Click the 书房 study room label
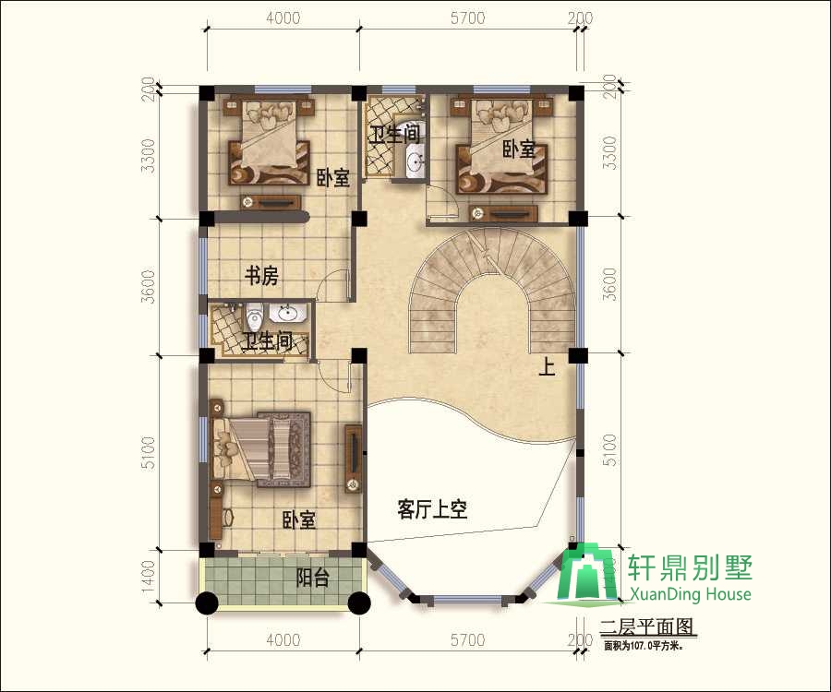(261, 275)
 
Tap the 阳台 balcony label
(313, 579)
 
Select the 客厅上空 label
(432, 509)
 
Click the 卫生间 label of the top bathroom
(396, 134)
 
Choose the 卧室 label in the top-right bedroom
(519, 149)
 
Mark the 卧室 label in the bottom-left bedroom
(299, 520)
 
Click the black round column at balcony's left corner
(207, 603)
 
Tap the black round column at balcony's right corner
(359, 603)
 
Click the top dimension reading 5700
(468, 18)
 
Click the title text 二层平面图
(646, 629)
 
